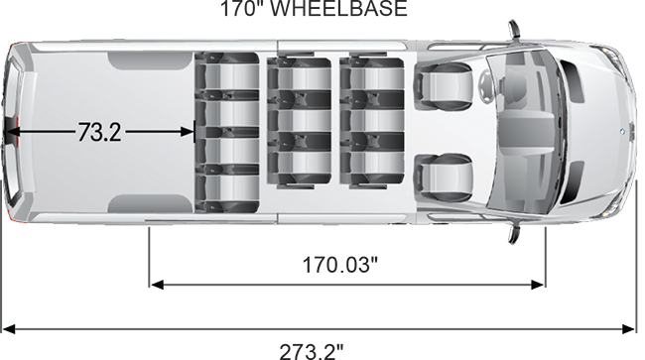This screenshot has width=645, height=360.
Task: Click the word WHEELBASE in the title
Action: click(338, 9)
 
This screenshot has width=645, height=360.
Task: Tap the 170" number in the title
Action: click(242, 9)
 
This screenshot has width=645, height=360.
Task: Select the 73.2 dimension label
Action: click(99, 132)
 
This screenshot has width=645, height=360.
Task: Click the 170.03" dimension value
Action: click(339, 265)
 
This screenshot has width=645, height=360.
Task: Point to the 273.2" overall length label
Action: click(312, 352)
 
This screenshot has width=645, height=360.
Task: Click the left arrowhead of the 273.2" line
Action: click(9, 329)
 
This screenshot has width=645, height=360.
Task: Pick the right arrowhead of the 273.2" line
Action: click(628, 329)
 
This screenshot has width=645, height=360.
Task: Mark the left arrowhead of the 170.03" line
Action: click(157, 285)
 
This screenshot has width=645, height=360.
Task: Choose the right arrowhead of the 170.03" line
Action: click(538, 285)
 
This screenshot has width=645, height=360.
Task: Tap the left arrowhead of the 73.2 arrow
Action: click(12, 132)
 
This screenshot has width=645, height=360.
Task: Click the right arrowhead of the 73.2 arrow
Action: click(188, 132)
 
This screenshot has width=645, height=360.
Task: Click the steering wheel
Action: click(485, 85)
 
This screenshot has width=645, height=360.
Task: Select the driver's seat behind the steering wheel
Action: click(443, 86)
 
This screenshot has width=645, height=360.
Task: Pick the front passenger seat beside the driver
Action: click(443, 178)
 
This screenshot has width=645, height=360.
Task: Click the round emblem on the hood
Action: click(622, 132)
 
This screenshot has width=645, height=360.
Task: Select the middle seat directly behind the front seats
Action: click(372, 120)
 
